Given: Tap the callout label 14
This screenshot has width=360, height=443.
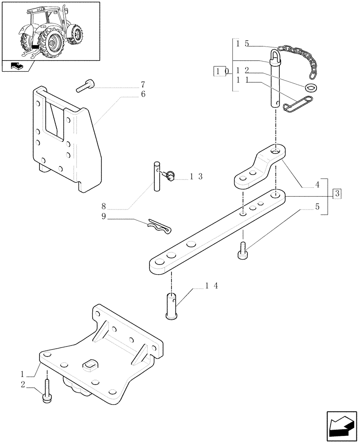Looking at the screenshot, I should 212,287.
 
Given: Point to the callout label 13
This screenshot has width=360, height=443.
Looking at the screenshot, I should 196,176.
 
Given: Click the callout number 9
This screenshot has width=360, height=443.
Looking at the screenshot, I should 104,217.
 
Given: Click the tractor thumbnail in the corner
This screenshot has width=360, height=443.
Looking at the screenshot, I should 50,31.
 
